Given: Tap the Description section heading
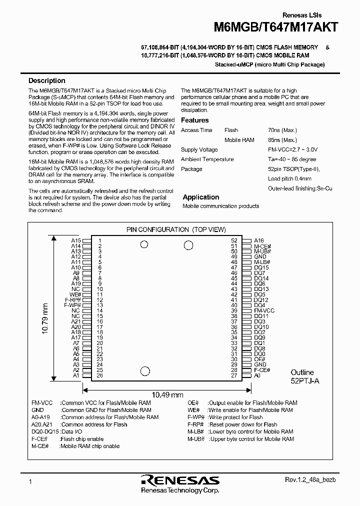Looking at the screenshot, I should pyautogui.click(x=46, y=80).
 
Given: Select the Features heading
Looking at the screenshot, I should pyautogui.click(x=194, y=120).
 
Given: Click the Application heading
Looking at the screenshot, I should pyautogui.click(x=201, y=197).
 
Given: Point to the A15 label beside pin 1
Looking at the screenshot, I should pyautogui.click(x=76, y=240).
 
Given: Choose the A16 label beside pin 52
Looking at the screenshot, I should pyautogui.click(x=259, y=240).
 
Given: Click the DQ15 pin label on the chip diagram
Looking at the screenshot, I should pyautogui.click(x=261, y=268).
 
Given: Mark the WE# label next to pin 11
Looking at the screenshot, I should pyautogui.click(x=75, y=294).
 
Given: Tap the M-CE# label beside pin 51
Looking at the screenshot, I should pyautogui.click(x=262, y=246).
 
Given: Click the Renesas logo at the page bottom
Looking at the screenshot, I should pyautogui.click(x=180, y=480).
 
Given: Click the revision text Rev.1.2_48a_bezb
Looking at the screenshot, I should pyautogui.click(x=306, y=480).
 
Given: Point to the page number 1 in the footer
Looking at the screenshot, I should pyautogui.click(x=30, y=481).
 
